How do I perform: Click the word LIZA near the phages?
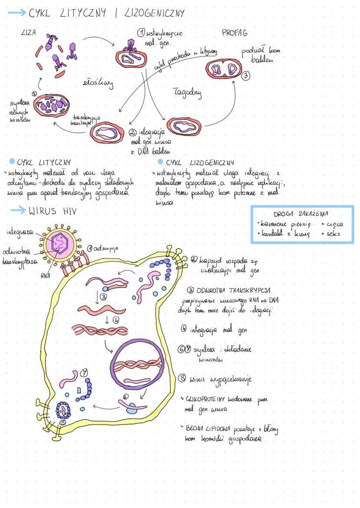(x=29, y=32)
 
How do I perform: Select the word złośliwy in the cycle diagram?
(x=97, y=83)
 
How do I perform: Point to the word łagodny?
(x=187, y=93)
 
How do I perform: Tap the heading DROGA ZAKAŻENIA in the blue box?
(x=301, y=214)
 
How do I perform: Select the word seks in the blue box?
(x=333, y=233)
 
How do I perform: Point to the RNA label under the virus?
(x=46, y=275)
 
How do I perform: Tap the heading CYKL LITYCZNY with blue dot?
(x=43, y=163)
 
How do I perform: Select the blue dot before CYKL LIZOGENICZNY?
(x=160, y=162)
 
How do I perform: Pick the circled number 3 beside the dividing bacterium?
(x=246, y=75)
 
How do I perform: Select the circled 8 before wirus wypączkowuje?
(x=182, y=378)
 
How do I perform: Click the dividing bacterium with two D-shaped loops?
(x=223, y=69)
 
